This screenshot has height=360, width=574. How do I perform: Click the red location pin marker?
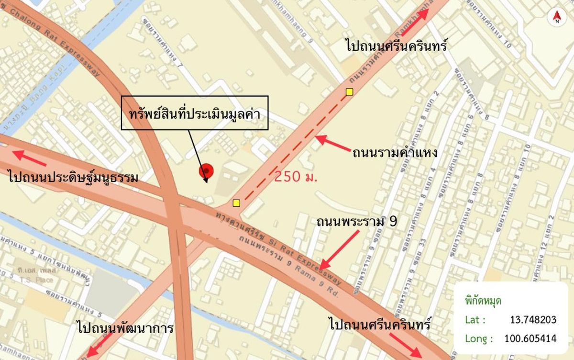[206, 170]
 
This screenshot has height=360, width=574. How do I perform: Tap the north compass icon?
[556, 18]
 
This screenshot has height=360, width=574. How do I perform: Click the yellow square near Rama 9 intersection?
[236, 203]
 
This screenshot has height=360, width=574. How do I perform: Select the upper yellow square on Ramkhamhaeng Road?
[350, 91]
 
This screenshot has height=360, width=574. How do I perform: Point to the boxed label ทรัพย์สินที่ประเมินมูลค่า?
[194, 113]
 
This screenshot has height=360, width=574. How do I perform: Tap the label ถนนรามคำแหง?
[395, 153]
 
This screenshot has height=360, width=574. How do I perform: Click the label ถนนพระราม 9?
[357, 222]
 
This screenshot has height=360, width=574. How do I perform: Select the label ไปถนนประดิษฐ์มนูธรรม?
[73, 178]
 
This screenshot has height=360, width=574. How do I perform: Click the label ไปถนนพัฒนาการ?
[125, 328]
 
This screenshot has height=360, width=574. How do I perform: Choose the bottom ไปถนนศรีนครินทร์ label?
[380, 324]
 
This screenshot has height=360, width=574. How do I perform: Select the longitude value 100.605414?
[530, 338]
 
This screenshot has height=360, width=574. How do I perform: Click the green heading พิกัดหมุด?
[483, 301]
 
